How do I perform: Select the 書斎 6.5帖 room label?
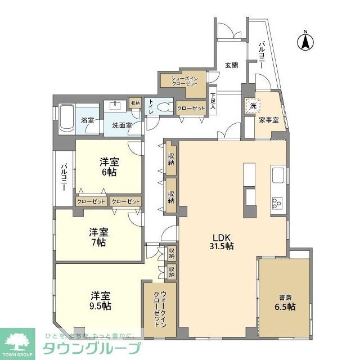pos(285,302)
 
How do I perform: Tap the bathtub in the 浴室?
pos(65,118)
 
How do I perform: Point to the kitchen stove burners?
pos(277,202)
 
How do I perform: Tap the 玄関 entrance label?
pos(231,65)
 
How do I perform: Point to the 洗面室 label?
pos(121,125)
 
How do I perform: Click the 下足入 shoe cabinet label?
pos(213,100)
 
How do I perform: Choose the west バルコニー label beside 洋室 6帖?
pos(64,176)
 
